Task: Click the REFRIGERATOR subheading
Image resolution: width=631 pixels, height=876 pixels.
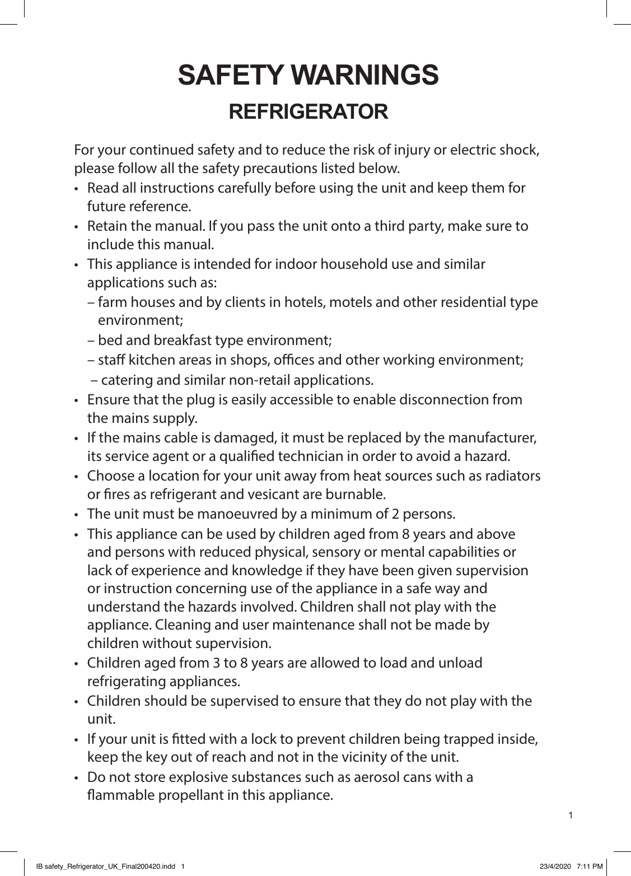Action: tap(309, 111)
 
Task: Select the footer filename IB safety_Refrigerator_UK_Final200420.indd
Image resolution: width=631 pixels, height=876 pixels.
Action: tap(105, 866)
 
